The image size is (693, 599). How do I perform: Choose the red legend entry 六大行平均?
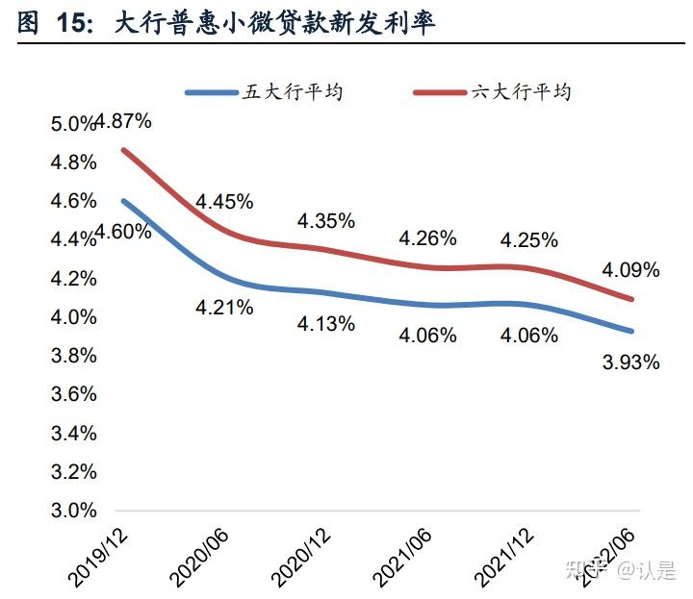(x=521, y=92)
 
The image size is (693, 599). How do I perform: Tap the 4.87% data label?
(x=124, y=122)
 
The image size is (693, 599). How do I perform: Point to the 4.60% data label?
(x=123, y=232)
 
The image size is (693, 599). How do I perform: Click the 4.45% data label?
(x=224, y=202)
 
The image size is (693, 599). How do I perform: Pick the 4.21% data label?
(x=224, y=308)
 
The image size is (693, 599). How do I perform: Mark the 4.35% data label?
(x=325, y=221)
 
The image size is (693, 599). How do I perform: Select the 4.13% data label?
(x=325, y=324)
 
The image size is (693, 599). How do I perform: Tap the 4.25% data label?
(x=528, y=241)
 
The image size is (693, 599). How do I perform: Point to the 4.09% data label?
(x=630, y=271)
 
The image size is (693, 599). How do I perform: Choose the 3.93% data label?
(x=630, y=362)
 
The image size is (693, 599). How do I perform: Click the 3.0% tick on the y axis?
(x=74, y=511)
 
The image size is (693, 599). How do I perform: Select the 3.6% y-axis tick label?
(x=74, y=394)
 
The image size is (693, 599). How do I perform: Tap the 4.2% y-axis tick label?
(x=74, y=278)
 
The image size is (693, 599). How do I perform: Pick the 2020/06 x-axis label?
(x=199, y=555)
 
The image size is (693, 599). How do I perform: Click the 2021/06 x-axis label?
(x=402, y=555)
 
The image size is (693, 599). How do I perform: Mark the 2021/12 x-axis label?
(x=504, y=555)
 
